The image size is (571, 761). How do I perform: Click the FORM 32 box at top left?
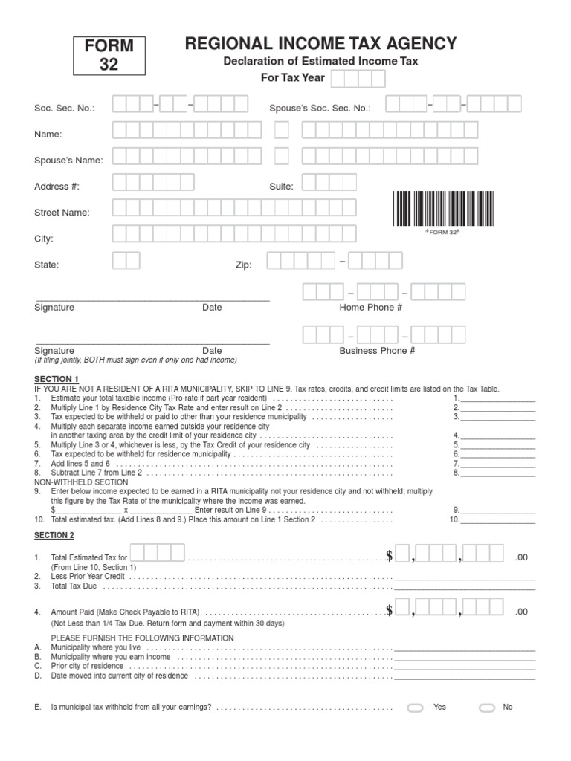pyautogui.click(x=109, y=56)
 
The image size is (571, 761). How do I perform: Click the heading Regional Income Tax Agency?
pyautogui.click(x=320, y=44)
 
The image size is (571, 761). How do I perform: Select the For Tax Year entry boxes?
pyautogui.click(x=358, y=79)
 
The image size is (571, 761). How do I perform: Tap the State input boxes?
pyautogui.click(x=126, y=261)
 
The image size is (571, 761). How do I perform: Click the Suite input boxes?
pyautogui.click(x=329, y=183)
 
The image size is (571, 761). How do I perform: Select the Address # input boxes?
pyautogui.click(x=153, y=183)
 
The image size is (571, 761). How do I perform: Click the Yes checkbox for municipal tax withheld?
pyautogui.click(x=415, y=707)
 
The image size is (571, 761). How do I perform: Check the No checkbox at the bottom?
pyautogui.click(x=487, y=707)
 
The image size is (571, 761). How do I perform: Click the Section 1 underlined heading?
pyautogui.click(x=54, y=379)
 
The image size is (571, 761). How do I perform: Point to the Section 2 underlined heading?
pyautogui.click(x=54, y=535)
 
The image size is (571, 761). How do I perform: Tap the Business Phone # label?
pyautogui.click(x=377, y=351)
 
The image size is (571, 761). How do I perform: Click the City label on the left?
pyautogui.click(x=44, y=239)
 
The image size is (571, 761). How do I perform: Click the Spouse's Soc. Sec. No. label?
pyautogui.click(x=320, y=109)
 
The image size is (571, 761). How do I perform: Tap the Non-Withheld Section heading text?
pyautogui.click(x=81, y=482)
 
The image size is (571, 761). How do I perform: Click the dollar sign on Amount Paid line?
pyautogui.click(x=389, y=612)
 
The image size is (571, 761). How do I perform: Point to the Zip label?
pyautogui.click(x=244, y=265)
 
